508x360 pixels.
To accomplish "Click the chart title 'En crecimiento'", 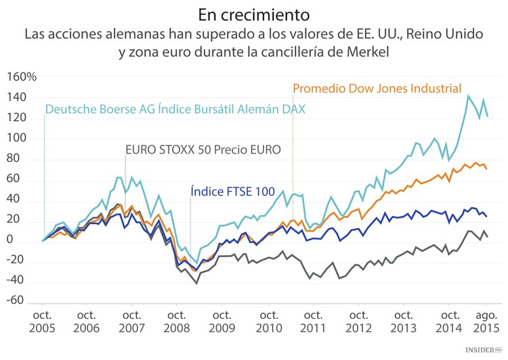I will coord(254,14).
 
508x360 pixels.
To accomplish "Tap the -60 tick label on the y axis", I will coord(24,300).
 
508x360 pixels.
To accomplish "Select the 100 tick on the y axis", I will coord(24,139).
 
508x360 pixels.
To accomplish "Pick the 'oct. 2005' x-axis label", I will coord(43,322).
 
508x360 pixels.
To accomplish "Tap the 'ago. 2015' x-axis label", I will coord(487,322).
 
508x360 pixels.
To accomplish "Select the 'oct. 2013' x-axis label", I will coord(404,322).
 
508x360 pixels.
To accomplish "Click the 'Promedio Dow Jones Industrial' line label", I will coord(377,89).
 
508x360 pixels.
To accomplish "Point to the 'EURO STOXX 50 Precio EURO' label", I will coord(203,150).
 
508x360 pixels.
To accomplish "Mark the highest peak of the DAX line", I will coord(468,95).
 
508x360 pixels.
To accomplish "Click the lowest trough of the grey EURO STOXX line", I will coord(196,283).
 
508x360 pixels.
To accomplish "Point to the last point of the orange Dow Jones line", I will coord(486,168).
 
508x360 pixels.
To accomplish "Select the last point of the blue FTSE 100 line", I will coord(486,217).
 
